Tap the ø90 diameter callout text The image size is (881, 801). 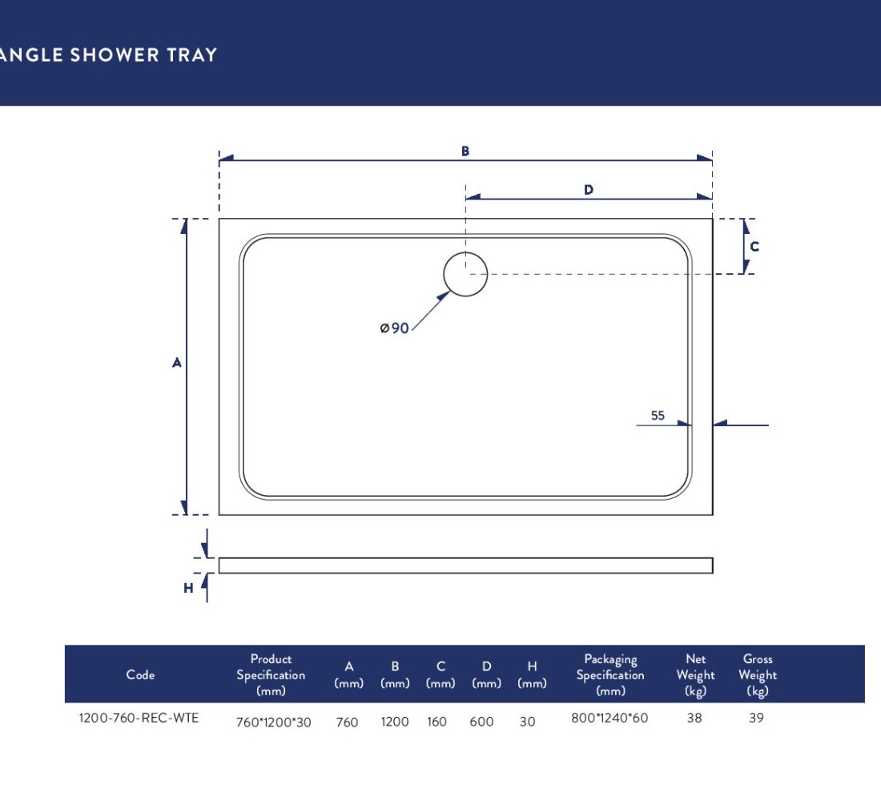394,328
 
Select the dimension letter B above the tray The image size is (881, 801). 465,151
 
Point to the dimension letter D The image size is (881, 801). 589,189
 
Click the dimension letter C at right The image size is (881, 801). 754,246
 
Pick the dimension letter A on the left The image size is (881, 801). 177,363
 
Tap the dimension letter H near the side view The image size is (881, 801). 188,588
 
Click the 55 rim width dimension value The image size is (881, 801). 658,416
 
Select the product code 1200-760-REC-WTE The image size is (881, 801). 139,718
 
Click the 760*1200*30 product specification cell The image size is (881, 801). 274,723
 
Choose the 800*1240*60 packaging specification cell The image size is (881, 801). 609,718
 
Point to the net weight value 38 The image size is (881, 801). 694,718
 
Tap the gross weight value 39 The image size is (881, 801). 756,718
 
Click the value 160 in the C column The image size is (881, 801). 436,722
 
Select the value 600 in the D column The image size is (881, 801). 481,722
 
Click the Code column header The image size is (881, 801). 140,674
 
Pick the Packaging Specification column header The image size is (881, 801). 610,674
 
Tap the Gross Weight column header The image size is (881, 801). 758,674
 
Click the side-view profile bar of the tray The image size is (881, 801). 466,566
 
